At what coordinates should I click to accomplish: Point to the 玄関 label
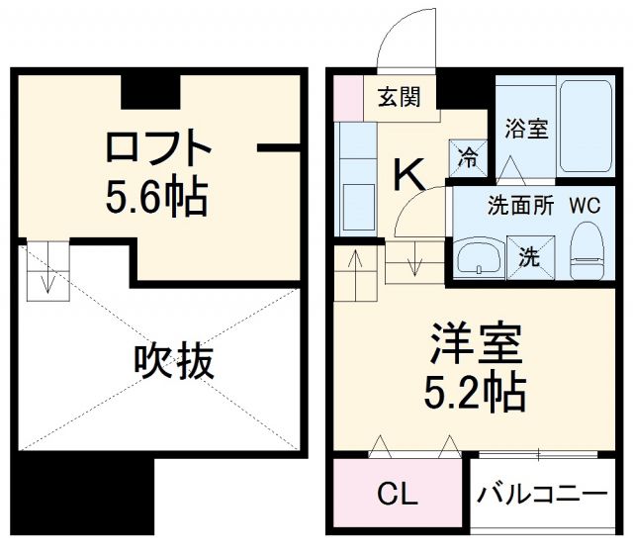pyautogui.click(x=399, y=97)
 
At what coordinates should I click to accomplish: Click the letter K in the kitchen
pyautogui.click(x=409, y=175)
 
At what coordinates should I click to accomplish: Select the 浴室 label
pyautogui.click(x=525, y=129)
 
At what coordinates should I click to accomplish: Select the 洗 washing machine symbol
pyautogui.click(x=530, y=258)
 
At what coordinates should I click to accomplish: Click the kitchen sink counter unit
pyautogui.click(x=354, y=178)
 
